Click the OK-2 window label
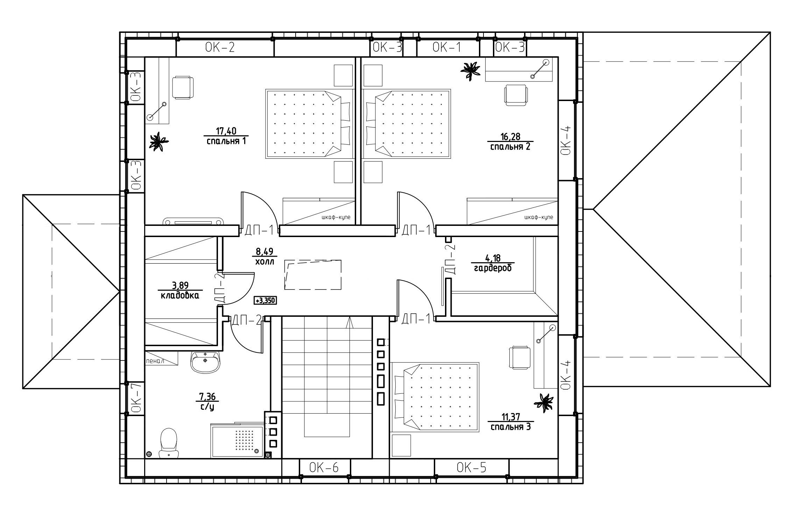pyautogui.click(x=220, y=48)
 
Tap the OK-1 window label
pyautogui.click(x=447, y=47)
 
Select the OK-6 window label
pyautogui.click(x=324, y=468)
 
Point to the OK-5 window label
pyautogui.click(x=472, y=468)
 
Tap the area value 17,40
pyautogui.click(x=226, y=131)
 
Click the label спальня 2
pyautogui.click(x=510, y=147)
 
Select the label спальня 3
pyautogui.click(x=510, y=427)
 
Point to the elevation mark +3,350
pyautogui.click(x=266, y=300)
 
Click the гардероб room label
pyautogui.click(x=493, y=269)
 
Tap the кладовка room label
pyautogui.click(x=180, y=295)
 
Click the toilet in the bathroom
pyautogui.click(x=169, y=443)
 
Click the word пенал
pyautogui.click(x=155, y=361)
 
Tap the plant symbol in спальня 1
pyautogui.click(x=159, y=142)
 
